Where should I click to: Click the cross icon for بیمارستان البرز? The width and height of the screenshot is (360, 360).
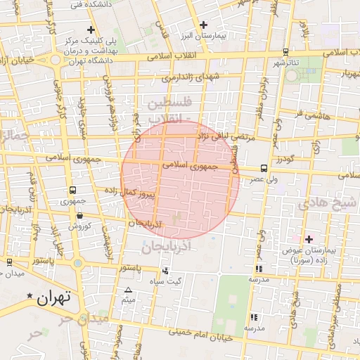click(x=202, y=25)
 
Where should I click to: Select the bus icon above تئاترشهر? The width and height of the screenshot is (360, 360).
click(x=285, y=52)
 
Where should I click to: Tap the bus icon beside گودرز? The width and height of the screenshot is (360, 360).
click(x=264, y=168)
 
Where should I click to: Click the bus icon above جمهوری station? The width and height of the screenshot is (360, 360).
click(x=73, y=191)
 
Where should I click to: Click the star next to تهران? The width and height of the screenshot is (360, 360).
click(x=30, y=295)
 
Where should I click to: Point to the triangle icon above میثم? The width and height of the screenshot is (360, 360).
click(x=128, y=290)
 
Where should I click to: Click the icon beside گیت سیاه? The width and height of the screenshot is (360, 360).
click(x=165, y=271)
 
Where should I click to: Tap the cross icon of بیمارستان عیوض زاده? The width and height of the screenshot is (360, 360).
click(x=309, y=240)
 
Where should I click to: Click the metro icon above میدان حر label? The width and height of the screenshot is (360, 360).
click(x=8, y=262)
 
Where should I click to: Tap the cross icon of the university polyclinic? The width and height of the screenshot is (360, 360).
click(x=91, y=30)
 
